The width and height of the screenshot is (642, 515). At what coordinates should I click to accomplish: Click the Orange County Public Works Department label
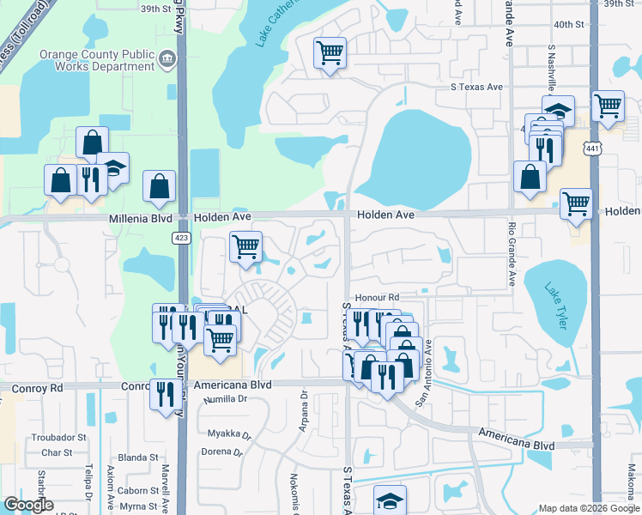96,60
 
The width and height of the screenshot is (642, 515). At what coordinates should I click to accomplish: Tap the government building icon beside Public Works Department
168,60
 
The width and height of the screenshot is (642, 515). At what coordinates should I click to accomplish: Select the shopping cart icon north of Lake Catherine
330,53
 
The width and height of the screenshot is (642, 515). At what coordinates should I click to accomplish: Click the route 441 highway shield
591,148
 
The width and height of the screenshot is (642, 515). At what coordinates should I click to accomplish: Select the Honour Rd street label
377,297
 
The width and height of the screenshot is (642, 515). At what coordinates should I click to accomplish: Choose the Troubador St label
59,437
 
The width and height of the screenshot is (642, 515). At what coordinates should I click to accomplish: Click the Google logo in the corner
27,505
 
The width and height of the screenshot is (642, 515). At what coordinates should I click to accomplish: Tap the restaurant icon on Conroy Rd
162,394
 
